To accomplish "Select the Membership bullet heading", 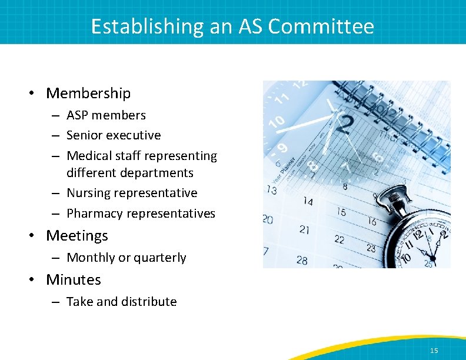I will point(88,93).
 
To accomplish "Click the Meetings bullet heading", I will point(77,235).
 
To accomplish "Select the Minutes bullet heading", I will point(74,279).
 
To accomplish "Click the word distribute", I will point(149,302).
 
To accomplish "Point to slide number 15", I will point(434,351).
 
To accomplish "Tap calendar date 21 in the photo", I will point(304,229).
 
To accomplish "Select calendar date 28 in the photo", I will point(302,260).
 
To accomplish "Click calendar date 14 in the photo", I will point(307,202).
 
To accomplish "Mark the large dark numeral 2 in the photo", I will point(347,125).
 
